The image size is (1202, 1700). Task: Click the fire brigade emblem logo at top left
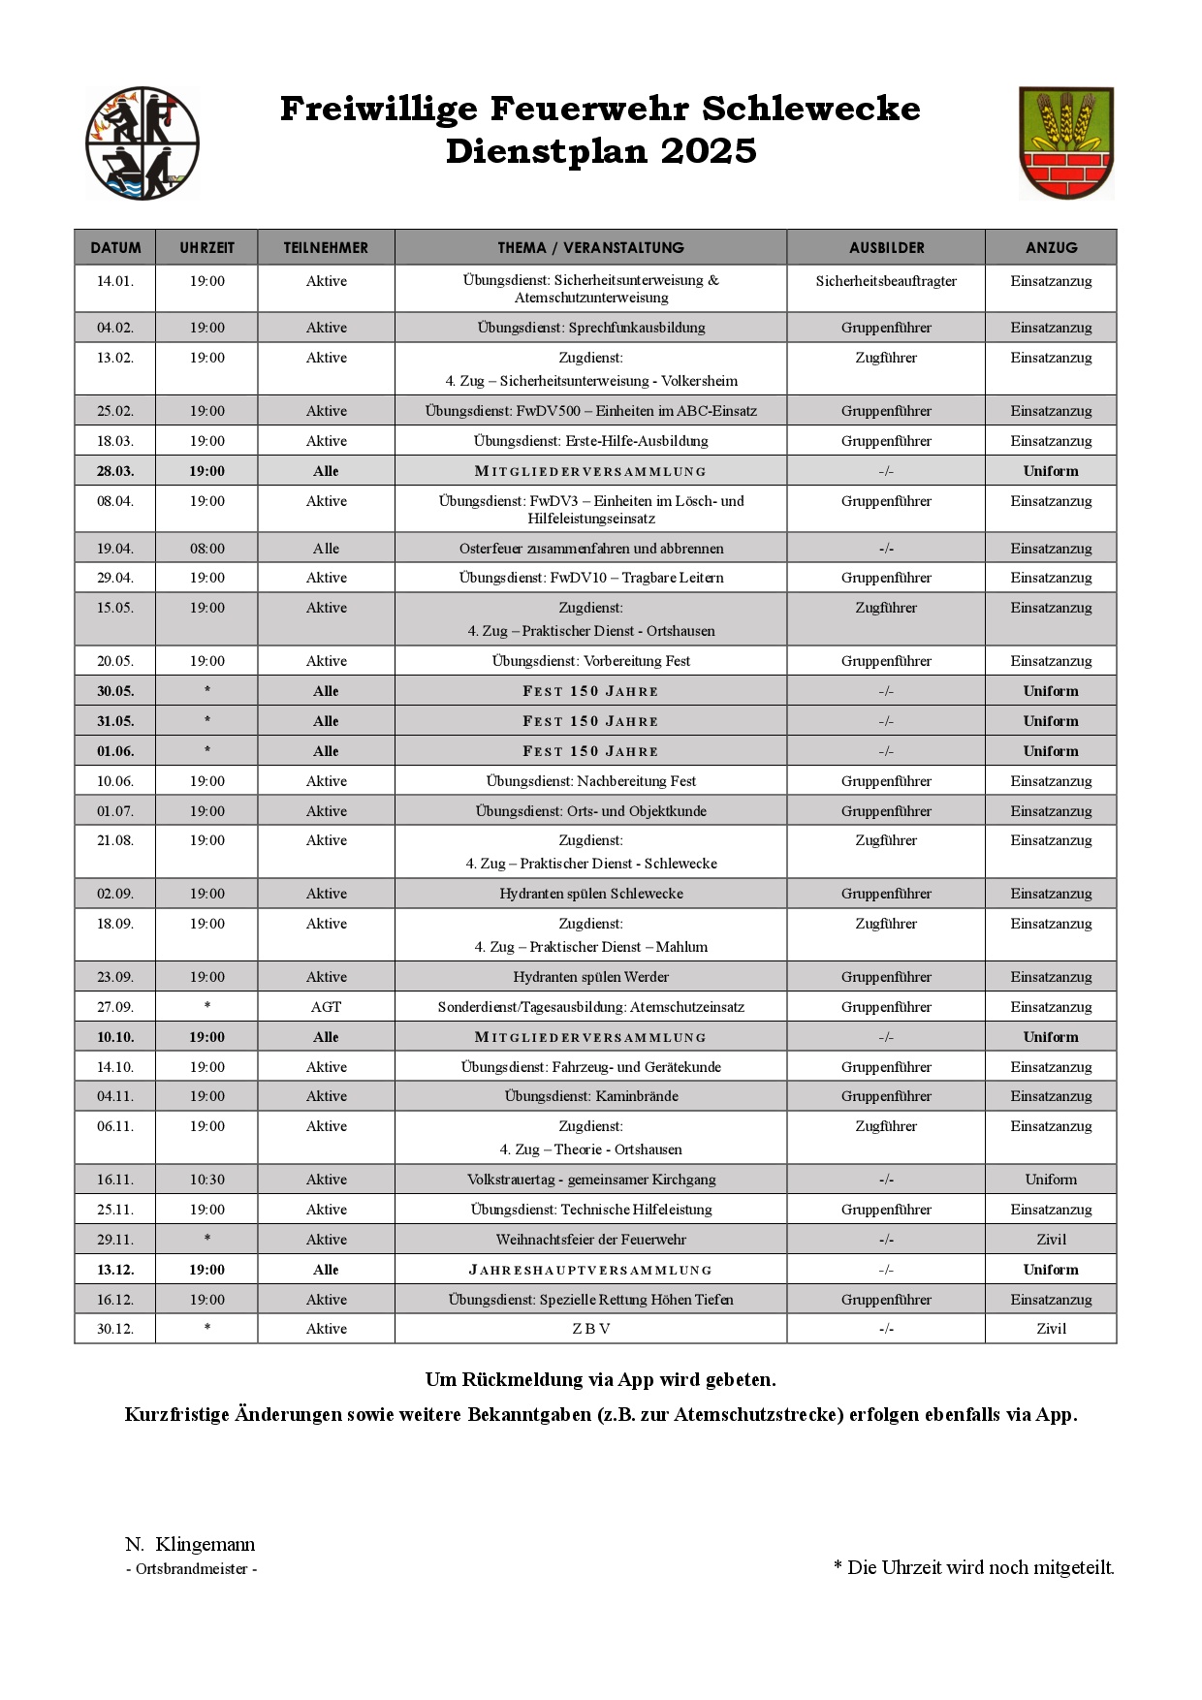tap(142, 143)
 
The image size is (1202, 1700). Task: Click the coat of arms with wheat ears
tap(1065, 143)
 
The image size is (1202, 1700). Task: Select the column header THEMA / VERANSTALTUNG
tap(590, 247)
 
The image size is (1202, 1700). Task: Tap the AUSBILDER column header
tap(886, 247)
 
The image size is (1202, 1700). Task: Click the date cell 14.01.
tap(114, 281)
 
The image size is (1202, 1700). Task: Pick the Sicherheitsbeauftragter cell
tap(886, 281)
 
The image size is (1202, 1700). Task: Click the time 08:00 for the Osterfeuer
tap(206, 549)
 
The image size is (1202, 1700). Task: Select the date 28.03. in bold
tap(114, 471)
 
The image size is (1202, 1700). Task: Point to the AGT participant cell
tap(326, 1007)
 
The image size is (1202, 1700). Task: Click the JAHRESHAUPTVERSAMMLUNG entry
tap(590, 1270)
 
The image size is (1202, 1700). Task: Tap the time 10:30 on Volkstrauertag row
tap(206, 1180)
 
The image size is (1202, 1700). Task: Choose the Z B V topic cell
tap(590, 1329)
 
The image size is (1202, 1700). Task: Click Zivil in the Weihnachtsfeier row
tap(1051, 1240)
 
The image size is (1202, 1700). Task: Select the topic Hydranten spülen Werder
tap(590, 977)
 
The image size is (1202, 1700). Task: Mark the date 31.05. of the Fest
tap(114, 721)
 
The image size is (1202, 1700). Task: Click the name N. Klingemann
tap(190, 1544)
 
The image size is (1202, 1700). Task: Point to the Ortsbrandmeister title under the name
tap(192, 1569)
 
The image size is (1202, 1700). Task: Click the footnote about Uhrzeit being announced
tap(973, 1567)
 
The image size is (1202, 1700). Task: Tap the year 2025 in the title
tap(709, 151)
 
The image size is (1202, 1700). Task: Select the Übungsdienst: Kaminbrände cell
tap(590, 1096)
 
